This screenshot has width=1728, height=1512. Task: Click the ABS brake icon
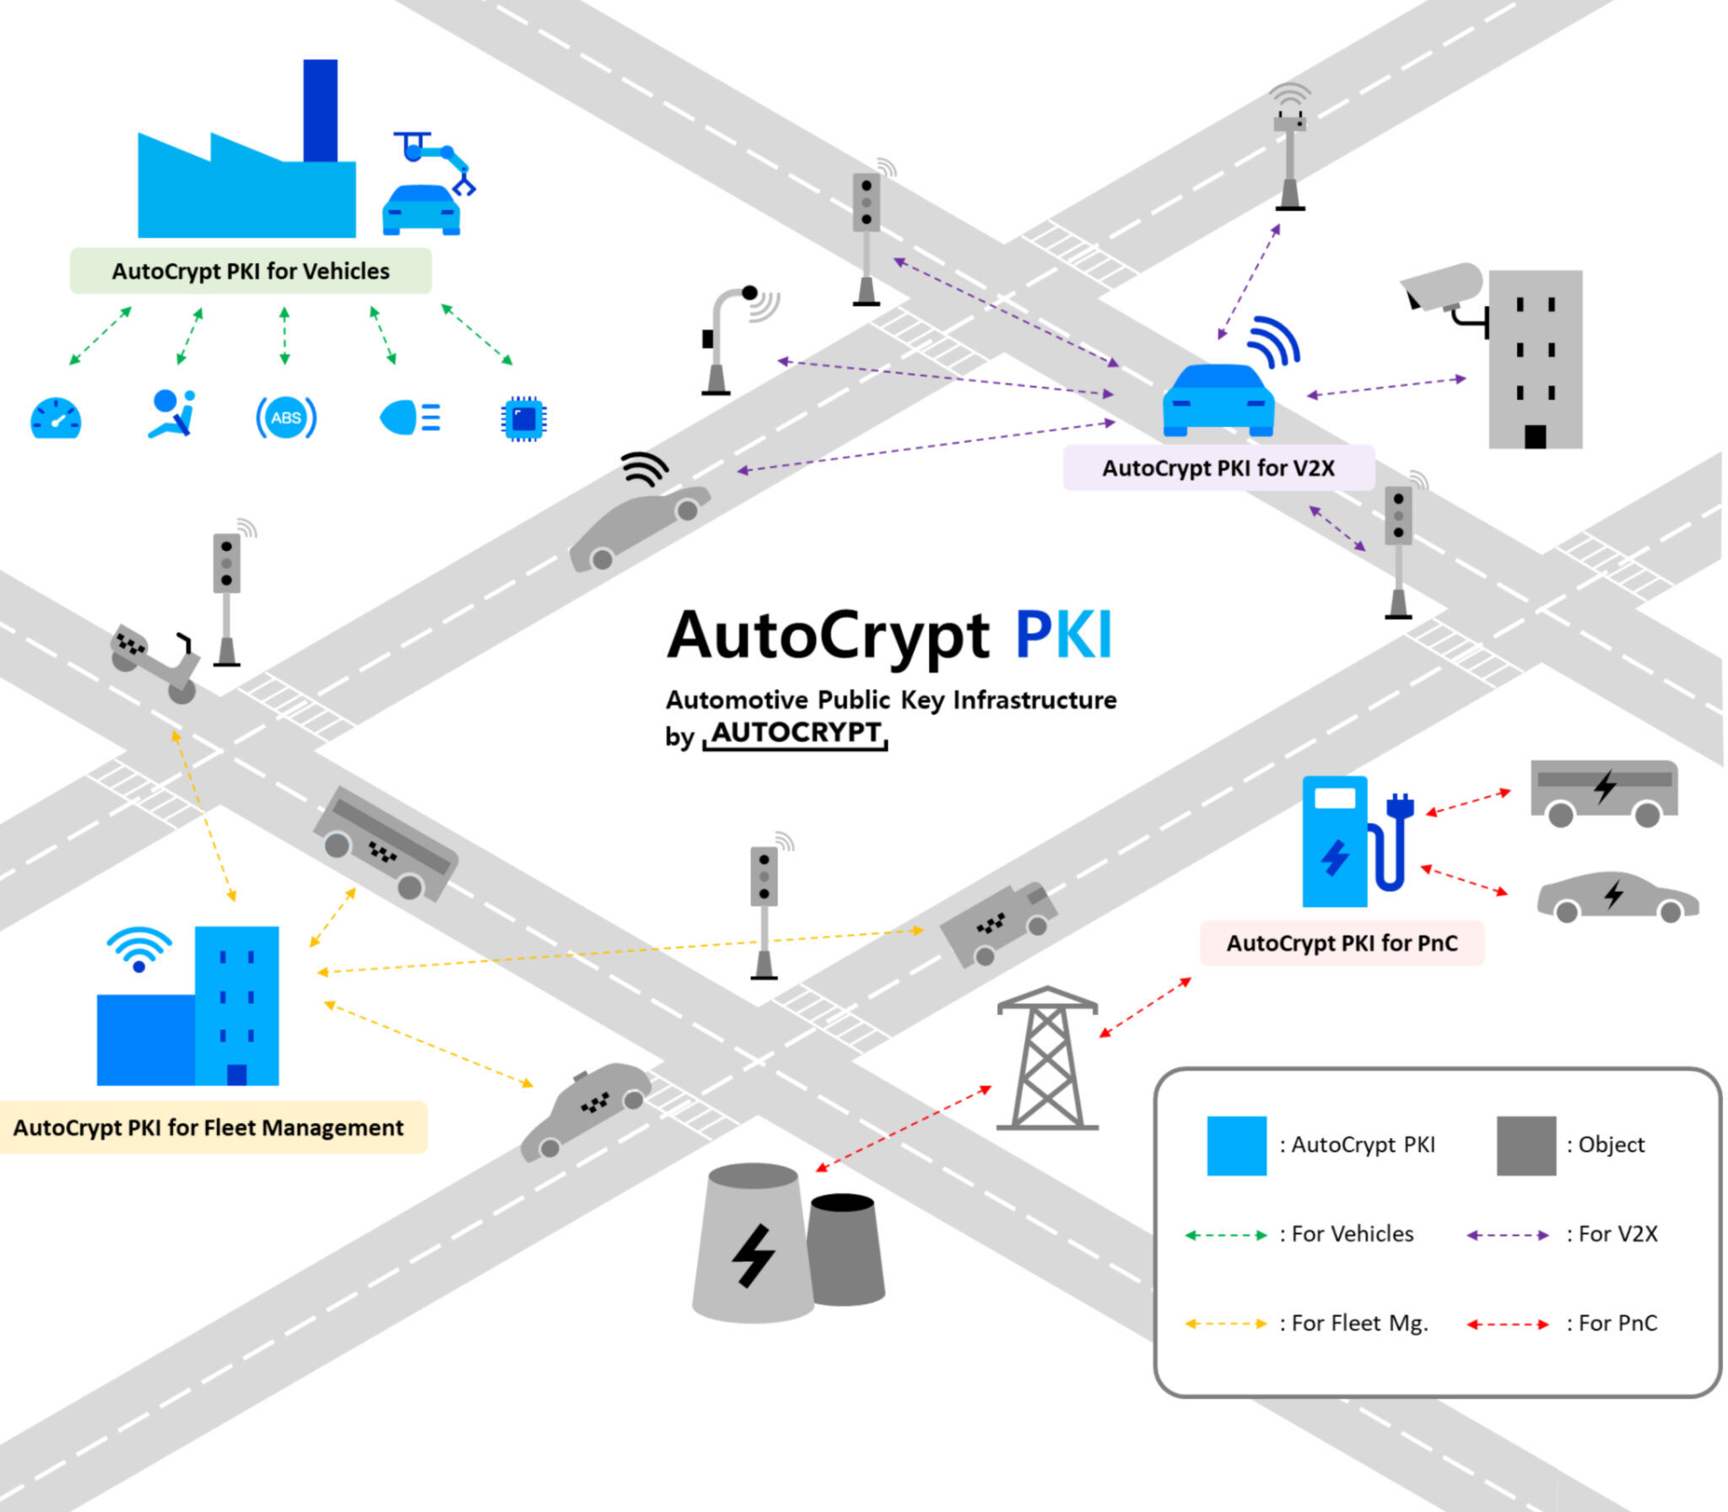pos(286,418)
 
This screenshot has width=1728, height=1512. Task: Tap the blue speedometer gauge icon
pos(56,418)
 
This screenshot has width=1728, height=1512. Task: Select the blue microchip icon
pos(523,418)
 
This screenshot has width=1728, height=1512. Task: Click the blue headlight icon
pos(409,418)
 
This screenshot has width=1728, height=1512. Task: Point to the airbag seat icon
pos(172,413)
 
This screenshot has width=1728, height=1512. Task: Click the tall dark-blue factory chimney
pos(320,110)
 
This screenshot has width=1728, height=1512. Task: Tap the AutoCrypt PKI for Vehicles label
pos(251,271)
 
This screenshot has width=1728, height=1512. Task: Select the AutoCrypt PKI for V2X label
pos(1218,468)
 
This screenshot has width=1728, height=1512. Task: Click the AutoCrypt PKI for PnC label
pos(1342,943)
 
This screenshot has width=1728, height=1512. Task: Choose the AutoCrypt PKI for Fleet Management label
pos(208,1128)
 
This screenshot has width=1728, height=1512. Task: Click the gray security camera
pos(1443,287)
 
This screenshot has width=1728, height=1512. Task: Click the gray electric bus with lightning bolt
pos(1604,791)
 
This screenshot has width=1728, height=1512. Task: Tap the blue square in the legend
pos(1236,1146)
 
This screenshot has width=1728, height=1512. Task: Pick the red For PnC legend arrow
pos(1507,1324)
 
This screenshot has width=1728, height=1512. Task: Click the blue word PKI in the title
pos(1063,634)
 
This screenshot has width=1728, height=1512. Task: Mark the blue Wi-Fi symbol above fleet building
pos(139,948)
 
